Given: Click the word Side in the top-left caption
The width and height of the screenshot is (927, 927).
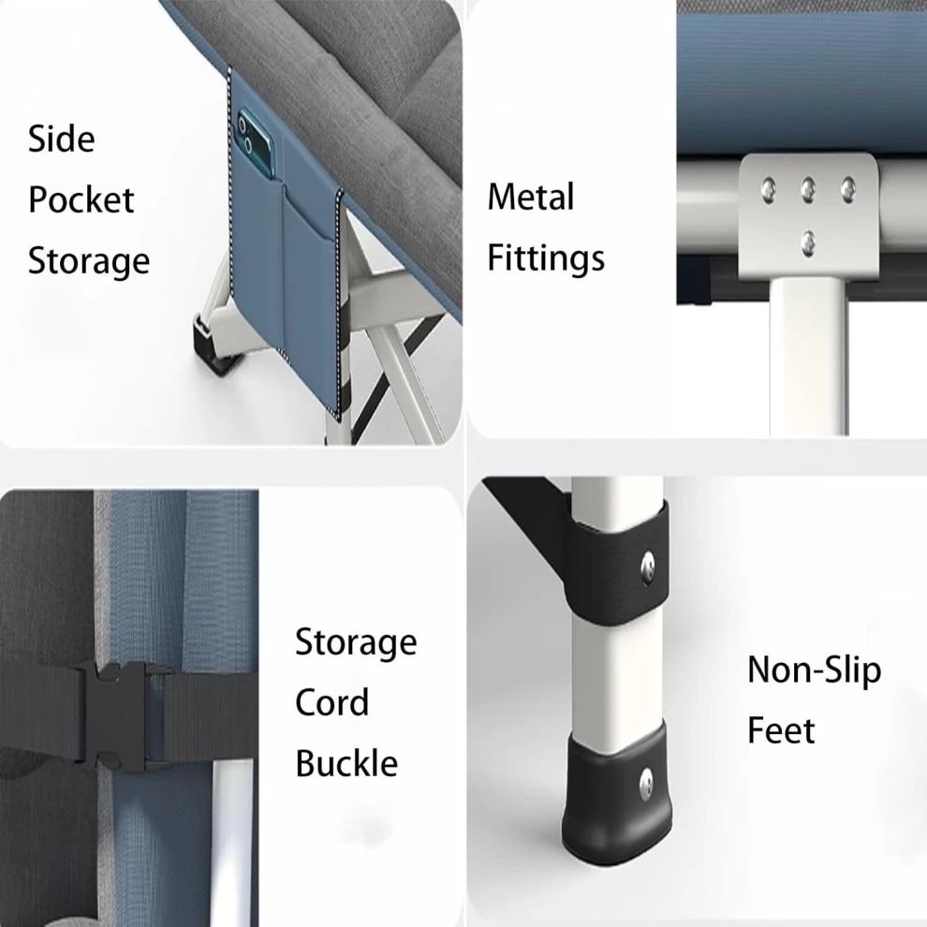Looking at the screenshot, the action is (x=62, y=139).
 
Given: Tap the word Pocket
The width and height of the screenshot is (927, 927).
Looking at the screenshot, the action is (x=81, y=199).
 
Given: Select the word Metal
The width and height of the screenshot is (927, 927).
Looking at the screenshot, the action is (x=530, y=197).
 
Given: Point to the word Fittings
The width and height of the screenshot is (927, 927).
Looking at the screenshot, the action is (x=546, y=258).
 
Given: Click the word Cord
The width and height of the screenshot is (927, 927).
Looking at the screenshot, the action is (x=331, y=702).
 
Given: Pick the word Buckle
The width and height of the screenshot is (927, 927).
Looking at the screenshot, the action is (x=346, y=762).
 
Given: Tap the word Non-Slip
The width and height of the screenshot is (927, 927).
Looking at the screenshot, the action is (x=814, y=670).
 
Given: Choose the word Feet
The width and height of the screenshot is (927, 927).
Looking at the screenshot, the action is (x=781, y=730).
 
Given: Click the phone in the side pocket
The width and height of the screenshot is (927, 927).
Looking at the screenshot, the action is (x=256, y=143).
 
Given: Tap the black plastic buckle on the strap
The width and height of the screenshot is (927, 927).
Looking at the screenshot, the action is (x=118, y=716).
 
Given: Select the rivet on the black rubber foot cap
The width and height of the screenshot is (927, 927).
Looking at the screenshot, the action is (x=647, y=784).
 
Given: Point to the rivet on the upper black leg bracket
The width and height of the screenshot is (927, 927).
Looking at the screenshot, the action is (x=649, y=566).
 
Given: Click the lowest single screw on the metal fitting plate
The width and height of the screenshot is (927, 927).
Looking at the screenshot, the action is (x=807, y=242).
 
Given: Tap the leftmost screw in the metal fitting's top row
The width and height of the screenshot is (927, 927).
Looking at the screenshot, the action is (x=768, y=190).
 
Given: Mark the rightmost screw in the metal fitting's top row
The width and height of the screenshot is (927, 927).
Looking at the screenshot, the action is (x=847, y=189).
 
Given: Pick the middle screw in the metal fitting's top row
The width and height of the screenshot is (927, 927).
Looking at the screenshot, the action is (x=807, y=190).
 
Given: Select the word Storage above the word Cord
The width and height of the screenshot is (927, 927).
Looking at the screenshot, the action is (x=356, y=643).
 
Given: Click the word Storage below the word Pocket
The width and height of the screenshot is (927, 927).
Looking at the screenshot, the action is (x=89, y=260).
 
